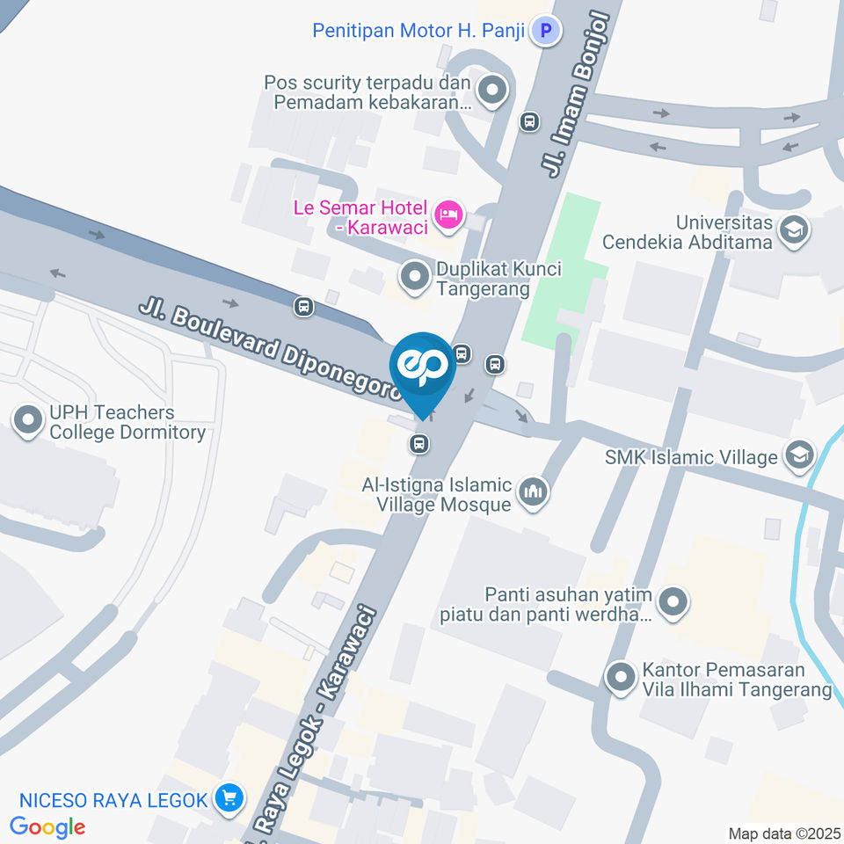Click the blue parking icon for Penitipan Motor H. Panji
click(x=547, y=32)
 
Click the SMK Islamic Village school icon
click(x=800, y=455)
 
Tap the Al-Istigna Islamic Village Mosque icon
click(x=533, y=493)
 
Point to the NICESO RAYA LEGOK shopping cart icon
click(x=229, y=798)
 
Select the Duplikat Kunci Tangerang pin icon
click(x=413, y=278)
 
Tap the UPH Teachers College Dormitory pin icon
click(x=29, y=422)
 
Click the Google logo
click(x=47, y=826)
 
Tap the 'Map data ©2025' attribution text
click(x=784, y=833)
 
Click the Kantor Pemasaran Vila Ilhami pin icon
click(x=621, y=678)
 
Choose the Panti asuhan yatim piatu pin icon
click(x=673, y=602)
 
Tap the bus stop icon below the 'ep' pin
click(x=420, y=444)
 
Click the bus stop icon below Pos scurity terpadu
click(x=529, y=121)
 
